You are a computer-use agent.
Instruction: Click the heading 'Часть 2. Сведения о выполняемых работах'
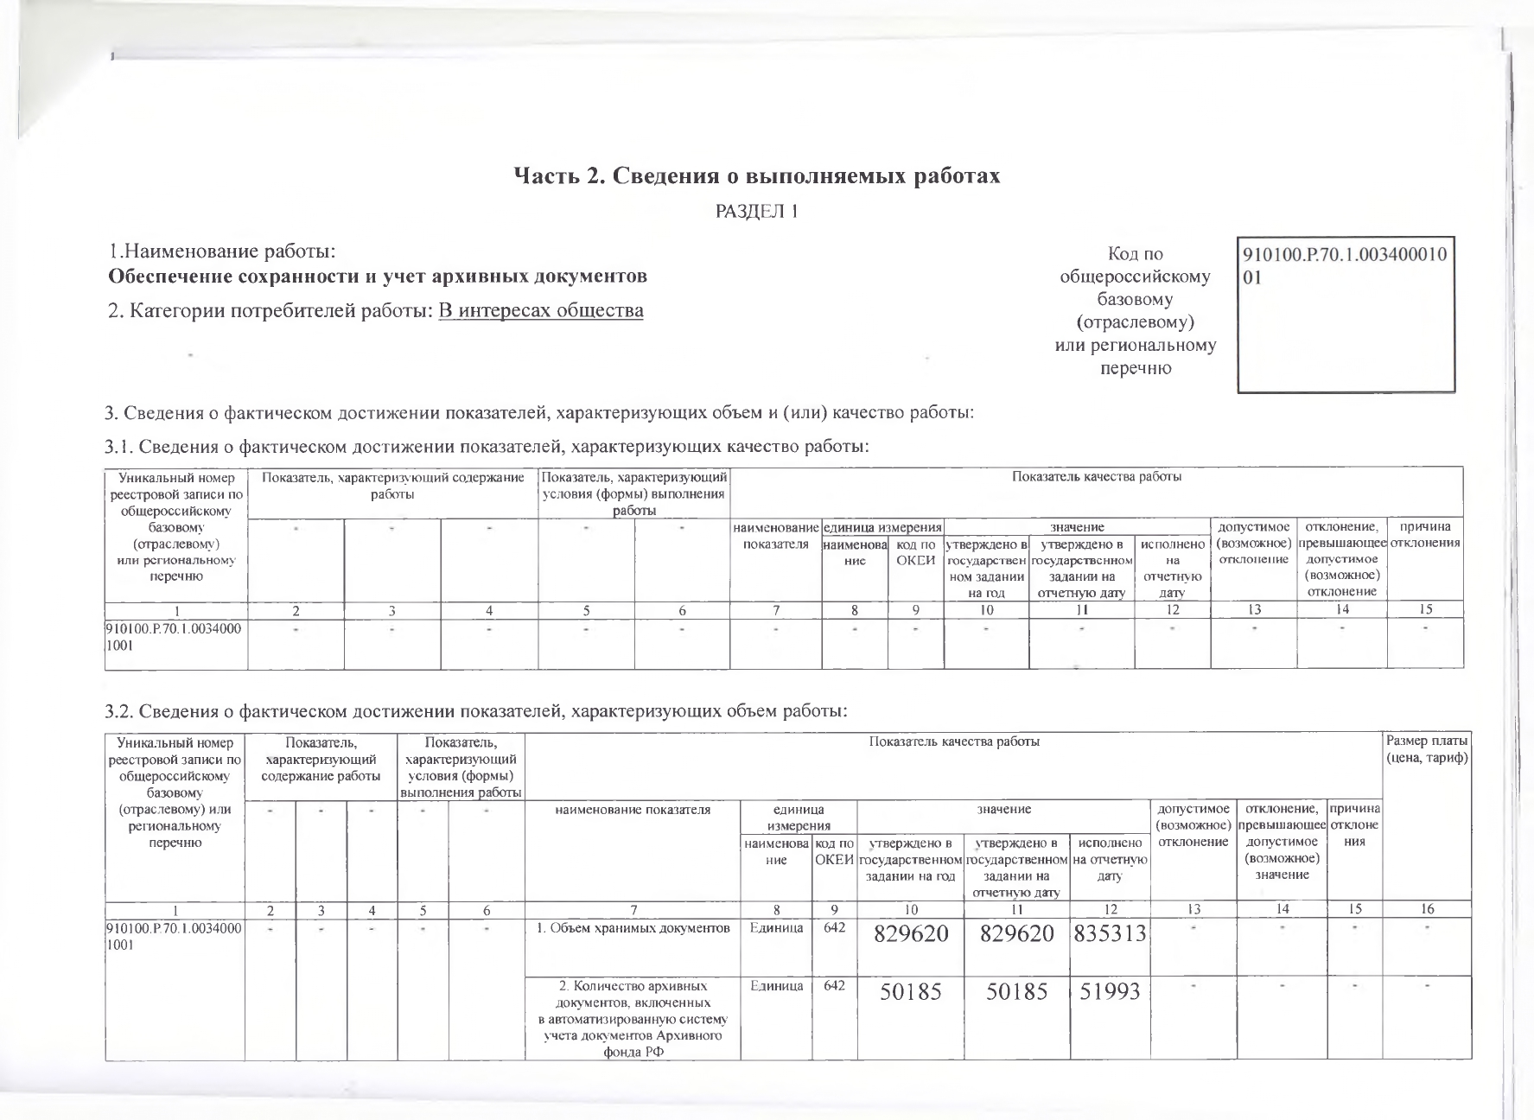pyautogui.click(x=756, y=176)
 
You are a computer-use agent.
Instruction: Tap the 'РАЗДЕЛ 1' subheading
pyautogui.click(x=756, y=212)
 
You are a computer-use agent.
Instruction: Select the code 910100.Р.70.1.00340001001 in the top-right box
pyautogui.click(x=1346, y=267)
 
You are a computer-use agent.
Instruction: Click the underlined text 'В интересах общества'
pyautogui.click(x=540, y=310)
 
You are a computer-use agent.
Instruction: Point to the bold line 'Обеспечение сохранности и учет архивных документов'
pyautogui.click(x=377, y=277)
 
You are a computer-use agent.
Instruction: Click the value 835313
pyautogui.click(x=1110, y=934)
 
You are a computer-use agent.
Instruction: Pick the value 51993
pyautogui.click(x=1110, y=992)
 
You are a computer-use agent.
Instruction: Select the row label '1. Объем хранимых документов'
pyautogui.click(x=632, y=929)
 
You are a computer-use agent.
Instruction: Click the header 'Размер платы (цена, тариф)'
pyautogui.click(x=1427, y=749)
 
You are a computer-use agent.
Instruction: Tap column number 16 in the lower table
pyautogui.click(x=1427, y=908)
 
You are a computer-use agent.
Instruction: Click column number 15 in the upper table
pyautogui.click(x=1425, y=609)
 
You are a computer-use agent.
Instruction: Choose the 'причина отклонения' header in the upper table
pyautogui.click(x=1425, y=535)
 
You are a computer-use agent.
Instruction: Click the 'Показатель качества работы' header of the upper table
pyautogui.click(x=1096, y=477)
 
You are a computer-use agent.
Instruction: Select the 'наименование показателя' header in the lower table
pyautogui.click(x=632, y=810)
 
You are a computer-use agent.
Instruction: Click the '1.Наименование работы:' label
pyautogui.click(x=222, y=252)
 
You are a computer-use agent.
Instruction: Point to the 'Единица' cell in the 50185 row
pyautogui.click(x=776, y=986)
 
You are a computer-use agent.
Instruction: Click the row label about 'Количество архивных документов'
pyautogui.click(x=632, y=1024)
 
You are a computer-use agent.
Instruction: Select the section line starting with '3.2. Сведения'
pyautogui.click(x=475, y=712)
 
